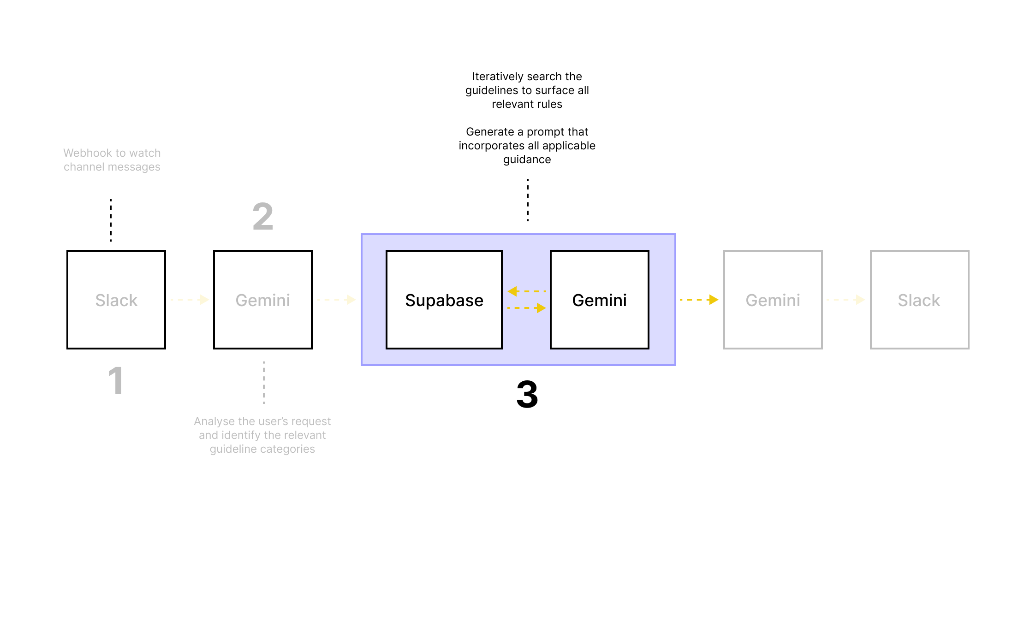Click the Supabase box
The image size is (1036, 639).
click(x=444, y=300)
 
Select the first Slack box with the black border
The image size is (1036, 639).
click(x=116, y=300)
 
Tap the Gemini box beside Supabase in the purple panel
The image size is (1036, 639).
click(x=599, y=300)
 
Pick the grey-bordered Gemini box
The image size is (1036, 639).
click(x=773, y=300)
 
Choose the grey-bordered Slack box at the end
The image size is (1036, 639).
click(x=919, y=300)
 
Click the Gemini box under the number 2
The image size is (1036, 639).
click(x=262, y=300)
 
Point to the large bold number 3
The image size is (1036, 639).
click(x=527, y=395)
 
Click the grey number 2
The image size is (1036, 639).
click(x=263, y=217)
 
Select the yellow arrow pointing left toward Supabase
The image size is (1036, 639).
click(x=526, y=291)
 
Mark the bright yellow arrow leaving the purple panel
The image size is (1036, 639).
click(x=699, y=300)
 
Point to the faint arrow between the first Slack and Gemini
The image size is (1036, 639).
click(x=190, y=300)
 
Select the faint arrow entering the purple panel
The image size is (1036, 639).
click(x=336, y=300)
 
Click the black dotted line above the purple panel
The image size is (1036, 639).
click(x=528, y=200)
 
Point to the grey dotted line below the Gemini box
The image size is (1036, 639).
click(x=264, y=383)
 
